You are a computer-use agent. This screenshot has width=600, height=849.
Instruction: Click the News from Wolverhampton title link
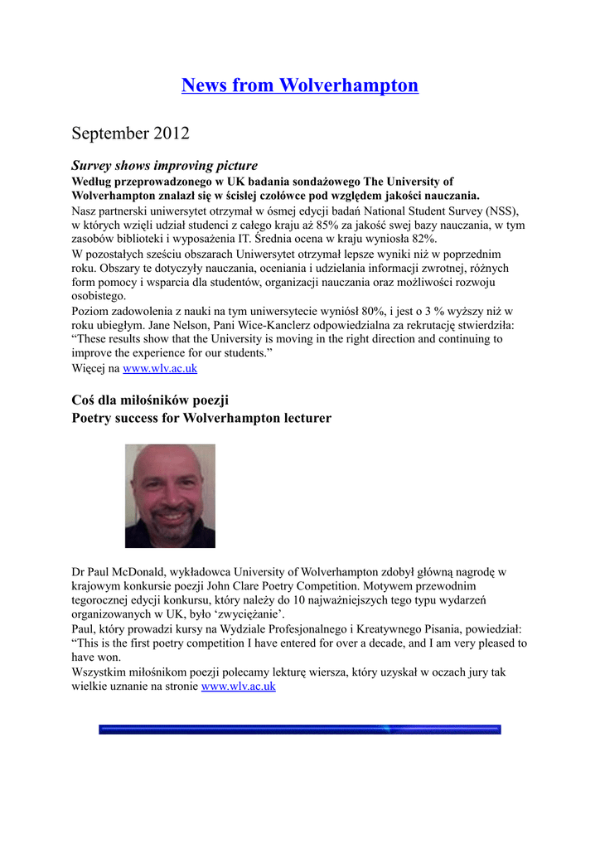(x=300, y=85)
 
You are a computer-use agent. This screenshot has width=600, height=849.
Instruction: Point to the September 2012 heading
(x=130, y=133)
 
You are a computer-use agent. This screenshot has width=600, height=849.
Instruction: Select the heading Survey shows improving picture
(x=164, y=166)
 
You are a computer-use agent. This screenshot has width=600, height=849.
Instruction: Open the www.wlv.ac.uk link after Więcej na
(x=160, y=368)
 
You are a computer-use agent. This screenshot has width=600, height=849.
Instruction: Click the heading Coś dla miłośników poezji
(x=150, y=400)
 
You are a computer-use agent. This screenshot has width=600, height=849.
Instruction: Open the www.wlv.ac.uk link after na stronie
(x=239, y=686)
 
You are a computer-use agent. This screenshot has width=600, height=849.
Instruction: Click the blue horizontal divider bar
(x=300, y=730)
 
